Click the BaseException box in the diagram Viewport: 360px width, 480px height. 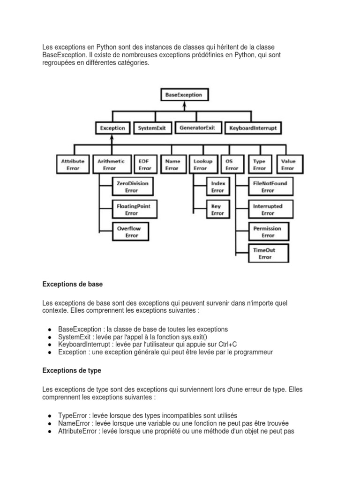[184, 95]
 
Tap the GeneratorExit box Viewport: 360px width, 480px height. [197, 127]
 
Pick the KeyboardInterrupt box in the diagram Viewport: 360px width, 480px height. [254, 127]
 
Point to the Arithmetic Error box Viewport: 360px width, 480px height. [111, 165]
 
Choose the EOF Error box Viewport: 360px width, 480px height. [145, 165]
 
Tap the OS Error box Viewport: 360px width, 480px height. [232, 165]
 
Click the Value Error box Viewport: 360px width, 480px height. [288, 165]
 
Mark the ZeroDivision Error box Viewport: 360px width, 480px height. [132, 187]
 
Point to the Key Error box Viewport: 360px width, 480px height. [217, 210]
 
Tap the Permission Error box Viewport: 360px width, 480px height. [268, 232]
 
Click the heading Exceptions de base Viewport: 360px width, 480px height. [72, 284]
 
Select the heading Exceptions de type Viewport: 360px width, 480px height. [72, 370]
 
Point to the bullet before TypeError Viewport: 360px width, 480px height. [50, 416]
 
